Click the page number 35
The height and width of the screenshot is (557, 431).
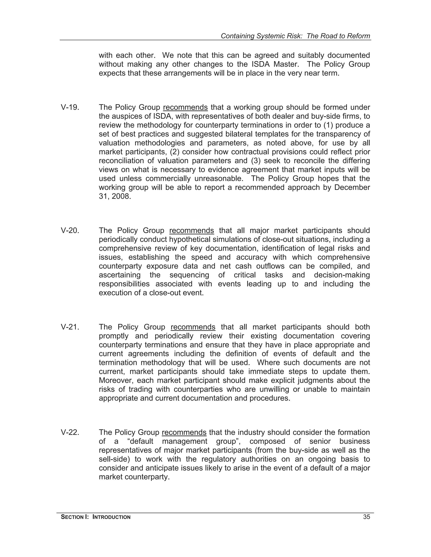[x=366, y=517]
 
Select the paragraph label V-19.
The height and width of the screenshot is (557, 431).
[x=70, y=107]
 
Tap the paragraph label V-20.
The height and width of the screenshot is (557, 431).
[x=70, y=231]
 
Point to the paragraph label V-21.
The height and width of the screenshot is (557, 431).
[x=70, y=327]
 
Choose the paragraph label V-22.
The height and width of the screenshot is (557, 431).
[x=70, y=433]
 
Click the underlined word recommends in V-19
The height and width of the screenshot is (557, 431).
[x=185, y=107]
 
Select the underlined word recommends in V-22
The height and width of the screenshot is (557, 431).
[x=184, y=433]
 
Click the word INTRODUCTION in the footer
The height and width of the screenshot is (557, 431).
[x=111, y=517]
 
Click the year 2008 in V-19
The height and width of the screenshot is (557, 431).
[x=121, y=196]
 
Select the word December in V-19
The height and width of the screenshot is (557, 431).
[x=352, y=187]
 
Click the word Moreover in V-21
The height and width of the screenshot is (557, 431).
[x=116, y=380]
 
